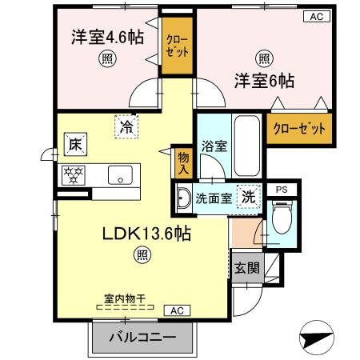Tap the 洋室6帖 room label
(264, 80)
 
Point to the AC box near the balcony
(177, 310)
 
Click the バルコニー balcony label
(142, 337)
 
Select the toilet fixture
(280, 216)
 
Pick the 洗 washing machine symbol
(250, 196)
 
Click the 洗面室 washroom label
(216, 198)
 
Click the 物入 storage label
(183, 164)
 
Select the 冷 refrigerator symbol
(126, 126)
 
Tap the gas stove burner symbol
(74, 175)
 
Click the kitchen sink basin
(122, 175)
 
